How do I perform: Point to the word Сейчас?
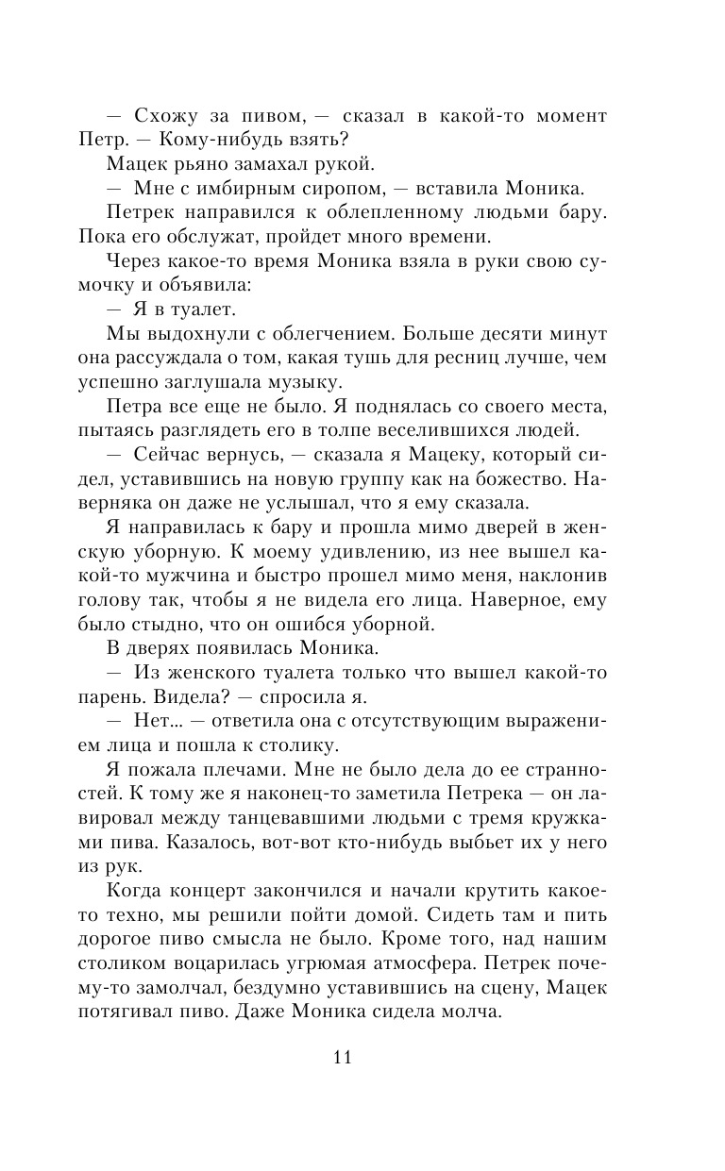click(170, 453)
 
